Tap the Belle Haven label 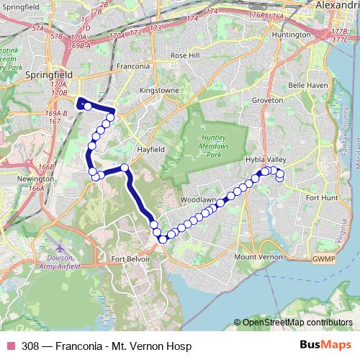[308, 84]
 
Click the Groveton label [268, 101]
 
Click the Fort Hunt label [322, 197]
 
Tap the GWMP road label [324, 258]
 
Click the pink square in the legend [11, 346]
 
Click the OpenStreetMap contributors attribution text [296, 323]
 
